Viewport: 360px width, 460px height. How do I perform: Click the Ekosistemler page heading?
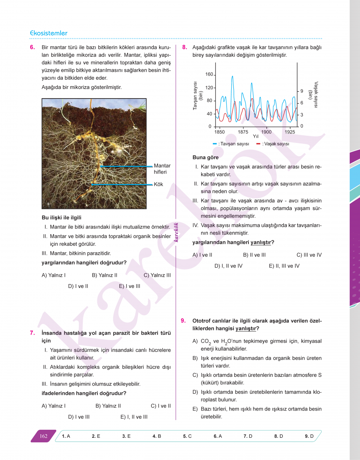49,33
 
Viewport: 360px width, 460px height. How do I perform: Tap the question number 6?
32,48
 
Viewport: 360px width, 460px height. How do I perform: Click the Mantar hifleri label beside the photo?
162,169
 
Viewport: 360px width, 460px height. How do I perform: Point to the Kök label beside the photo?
158,184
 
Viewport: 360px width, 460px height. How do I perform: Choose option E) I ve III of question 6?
130,286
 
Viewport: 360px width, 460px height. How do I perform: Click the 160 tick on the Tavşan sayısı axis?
209,74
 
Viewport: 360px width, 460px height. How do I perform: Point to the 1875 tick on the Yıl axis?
243,132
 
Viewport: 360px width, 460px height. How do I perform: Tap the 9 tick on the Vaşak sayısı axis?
302,91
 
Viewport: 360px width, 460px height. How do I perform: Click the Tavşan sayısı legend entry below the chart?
231,144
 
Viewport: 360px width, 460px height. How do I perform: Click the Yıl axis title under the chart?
256,136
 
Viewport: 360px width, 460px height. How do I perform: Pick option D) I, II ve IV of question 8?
228,266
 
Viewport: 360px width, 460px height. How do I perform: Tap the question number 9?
183,320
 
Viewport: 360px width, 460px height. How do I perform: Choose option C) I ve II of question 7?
161,406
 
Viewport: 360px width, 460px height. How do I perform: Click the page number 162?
43,436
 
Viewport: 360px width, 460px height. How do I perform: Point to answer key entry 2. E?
96,436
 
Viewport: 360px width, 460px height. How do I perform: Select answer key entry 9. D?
309,436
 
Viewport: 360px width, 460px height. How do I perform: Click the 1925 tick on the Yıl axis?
290,132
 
